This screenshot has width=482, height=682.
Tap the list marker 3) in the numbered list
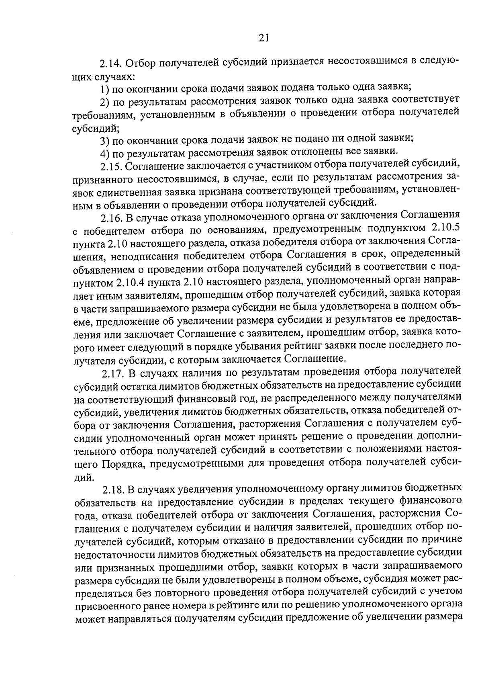104,140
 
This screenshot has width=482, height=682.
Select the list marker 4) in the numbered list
104,153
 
